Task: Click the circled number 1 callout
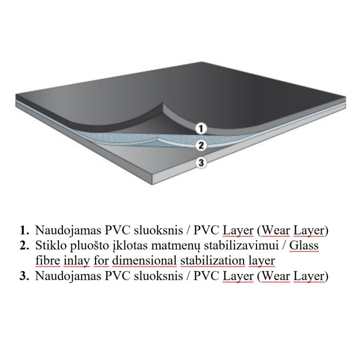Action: [201, 128]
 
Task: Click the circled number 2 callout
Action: [201, 145]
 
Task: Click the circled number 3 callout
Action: [201, 162]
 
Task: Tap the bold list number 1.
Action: [24, 230]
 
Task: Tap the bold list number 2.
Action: [24, 245]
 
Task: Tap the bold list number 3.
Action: [24, 275]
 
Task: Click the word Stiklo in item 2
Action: [50, 245]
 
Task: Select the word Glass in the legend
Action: [304, 245]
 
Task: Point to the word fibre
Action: [48, 260]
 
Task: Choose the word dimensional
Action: [144, 260]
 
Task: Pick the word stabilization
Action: [212, 260]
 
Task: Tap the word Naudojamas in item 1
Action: [68, 230]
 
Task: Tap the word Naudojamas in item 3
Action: [68, 276]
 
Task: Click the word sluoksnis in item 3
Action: [158, 275]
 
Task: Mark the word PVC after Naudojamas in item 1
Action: [117, 230]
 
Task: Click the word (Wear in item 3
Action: [273, 276]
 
